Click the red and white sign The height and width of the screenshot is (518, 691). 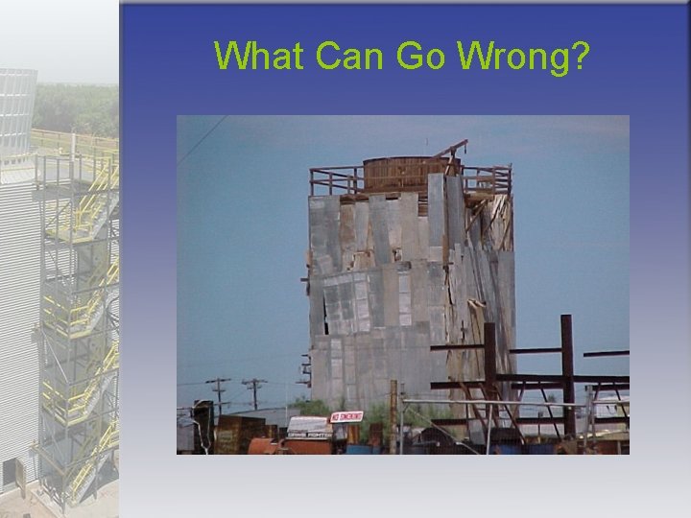(345, 416)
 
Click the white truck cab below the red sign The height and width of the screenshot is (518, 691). (309, 430)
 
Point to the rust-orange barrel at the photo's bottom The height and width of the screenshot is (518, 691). (265, 446)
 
